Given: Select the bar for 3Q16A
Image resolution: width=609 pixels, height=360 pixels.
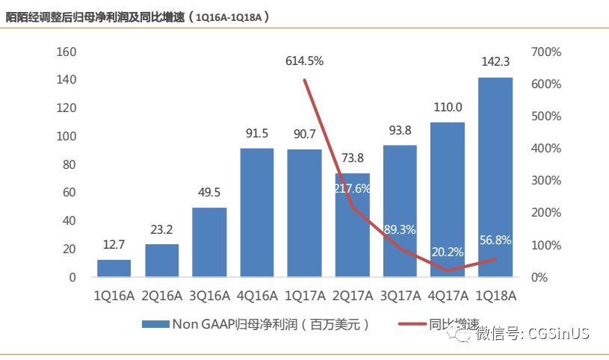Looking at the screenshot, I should click(209, 242).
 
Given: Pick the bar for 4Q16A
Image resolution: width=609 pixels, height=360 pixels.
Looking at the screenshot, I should click(257, 212).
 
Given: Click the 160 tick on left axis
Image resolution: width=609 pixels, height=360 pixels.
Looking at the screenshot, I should click(67, 52).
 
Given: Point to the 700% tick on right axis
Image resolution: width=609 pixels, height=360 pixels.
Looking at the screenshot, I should click(546, 52).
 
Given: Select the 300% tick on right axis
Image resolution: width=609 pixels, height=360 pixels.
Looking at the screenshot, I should click(546, 181).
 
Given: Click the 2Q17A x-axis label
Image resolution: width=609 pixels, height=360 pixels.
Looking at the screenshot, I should click(352, 296).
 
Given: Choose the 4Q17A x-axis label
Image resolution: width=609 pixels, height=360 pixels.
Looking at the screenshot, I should click(448, 296).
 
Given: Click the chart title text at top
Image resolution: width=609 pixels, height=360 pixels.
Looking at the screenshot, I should click(138, 16).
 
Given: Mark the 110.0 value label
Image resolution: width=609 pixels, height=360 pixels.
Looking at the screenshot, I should click(448, 108).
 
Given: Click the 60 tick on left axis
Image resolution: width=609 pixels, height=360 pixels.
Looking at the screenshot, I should click(69, 193).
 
